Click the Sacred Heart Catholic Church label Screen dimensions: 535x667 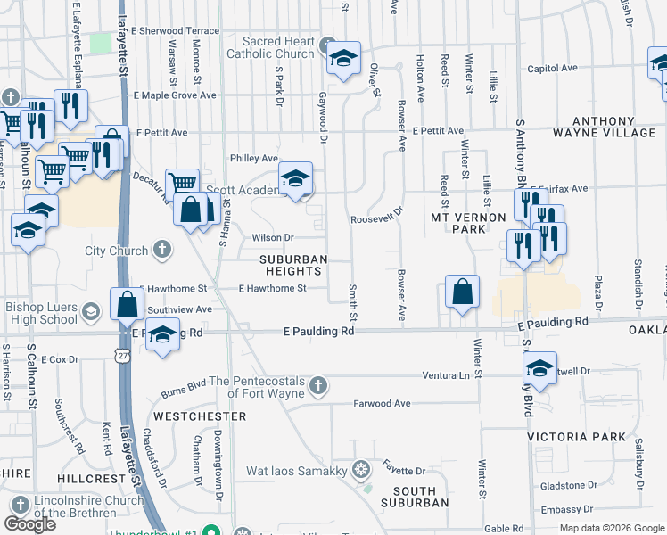coord(279,47)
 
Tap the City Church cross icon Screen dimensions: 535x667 coord(162,250)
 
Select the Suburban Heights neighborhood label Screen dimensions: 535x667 coord(294,265)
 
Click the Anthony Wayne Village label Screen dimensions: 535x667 coord(613,127)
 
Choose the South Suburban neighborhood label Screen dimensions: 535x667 coord(415,497)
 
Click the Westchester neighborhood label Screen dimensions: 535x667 coord(200,416)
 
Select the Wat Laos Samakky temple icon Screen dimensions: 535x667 coord(361,469)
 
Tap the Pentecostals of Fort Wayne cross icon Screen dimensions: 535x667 coord(319,386)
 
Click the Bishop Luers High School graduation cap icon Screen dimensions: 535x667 coord(90,312)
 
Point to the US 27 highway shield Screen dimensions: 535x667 coord(122,355)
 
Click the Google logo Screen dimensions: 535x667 coord(30,524)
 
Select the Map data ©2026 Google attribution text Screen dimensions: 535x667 coord(612,528)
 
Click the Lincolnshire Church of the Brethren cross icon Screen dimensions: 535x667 coord(12,504)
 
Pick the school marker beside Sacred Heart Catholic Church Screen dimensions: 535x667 coord(342,59)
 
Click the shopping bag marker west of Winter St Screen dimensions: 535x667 coord(462,292)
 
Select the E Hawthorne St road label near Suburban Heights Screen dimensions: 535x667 coord(272,288)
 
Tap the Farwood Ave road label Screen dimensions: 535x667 coord(383,403)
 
